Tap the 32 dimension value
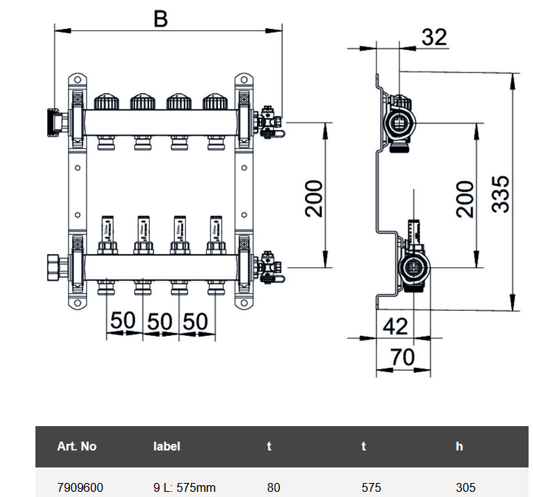[x=435, y=35]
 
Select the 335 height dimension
[x=501, y=193]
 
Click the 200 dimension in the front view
[x=314, y=198]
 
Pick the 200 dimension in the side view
[x=464, y=198]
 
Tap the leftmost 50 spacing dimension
[x=123, y=321]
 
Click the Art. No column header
[x=77, y=446]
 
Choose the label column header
[x=166, y=446]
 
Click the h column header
[x=458, y=446]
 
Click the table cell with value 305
[x=466, y=487]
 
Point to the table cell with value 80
[x=273, y=487]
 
